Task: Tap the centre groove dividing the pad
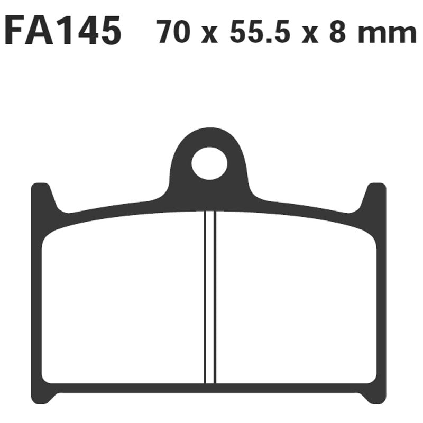click(x=210, y=296)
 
